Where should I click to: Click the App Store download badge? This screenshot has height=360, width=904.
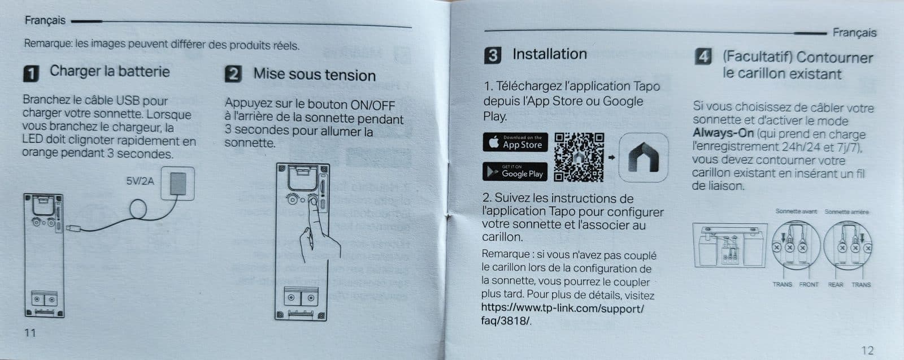click(515, 142)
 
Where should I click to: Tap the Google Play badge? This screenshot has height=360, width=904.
click(515, 172)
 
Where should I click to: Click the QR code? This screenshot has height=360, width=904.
click(579, 157)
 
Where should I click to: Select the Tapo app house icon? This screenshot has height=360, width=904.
click(644, 158)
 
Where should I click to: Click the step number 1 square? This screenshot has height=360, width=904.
click(31, 74)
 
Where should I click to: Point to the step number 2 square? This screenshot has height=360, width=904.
click(233, 74)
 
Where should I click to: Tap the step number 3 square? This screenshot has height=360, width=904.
click(492, 55)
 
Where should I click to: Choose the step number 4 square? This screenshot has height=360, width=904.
click(703, 56)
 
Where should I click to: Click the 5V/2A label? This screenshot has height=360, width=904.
click(140, 181)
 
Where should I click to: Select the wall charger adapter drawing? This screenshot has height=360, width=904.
click(177, 184)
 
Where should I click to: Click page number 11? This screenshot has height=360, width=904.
click(30, 333)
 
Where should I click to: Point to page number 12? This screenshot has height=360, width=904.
click(867, 350)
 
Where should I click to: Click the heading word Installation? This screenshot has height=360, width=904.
click(550, 54)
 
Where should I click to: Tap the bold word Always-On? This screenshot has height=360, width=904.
click(723, 133)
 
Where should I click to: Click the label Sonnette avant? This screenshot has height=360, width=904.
click(796, 211)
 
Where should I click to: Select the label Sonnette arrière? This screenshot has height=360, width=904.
click(846, 212)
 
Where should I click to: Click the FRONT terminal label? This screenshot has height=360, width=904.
click(809, 284)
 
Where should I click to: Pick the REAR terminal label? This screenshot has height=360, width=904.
click(836, 284)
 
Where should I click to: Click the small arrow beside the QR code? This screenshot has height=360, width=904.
click(611, 158)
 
